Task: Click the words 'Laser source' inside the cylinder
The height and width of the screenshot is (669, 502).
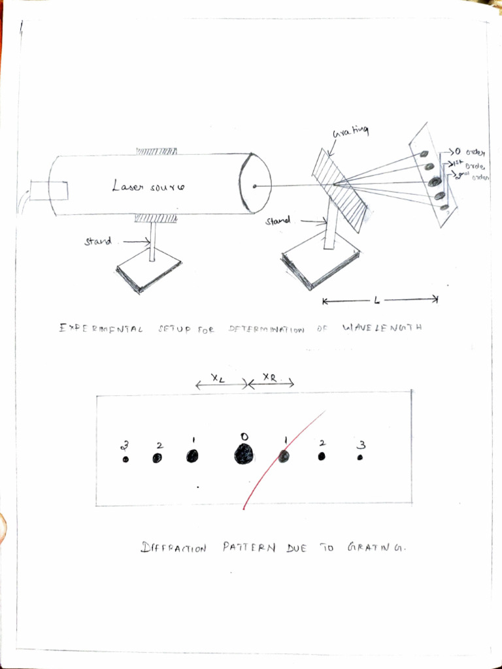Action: (x=148, y=188)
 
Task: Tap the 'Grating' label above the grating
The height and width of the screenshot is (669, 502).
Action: (x=351, y=133)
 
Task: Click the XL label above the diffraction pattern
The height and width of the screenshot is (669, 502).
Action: (x=218, y=377)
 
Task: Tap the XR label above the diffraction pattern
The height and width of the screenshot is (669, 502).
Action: (x=269, y=377)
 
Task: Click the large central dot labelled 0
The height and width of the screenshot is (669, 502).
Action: (x=244, y=453)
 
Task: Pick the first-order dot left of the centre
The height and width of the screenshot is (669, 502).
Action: (x=192, y=456)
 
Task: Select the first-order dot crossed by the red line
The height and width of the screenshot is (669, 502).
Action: (x=284, y=457)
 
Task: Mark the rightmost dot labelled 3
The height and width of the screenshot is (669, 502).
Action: (x=360, y=458)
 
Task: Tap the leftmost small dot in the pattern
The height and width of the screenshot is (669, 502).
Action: (x=125, y=459)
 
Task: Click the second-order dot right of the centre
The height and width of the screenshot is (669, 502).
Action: (x=322, y=457)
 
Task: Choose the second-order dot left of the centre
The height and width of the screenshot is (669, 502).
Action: (x=158, y=458)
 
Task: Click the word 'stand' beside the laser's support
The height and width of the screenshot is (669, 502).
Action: (x=97, y=241)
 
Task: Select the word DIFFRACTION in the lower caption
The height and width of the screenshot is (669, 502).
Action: (x=173, y=548)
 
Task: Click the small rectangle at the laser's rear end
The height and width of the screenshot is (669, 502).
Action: (x=50, y=191)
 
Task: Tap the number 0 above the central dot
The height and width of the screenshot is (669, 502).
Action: (x=244, y=436)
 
